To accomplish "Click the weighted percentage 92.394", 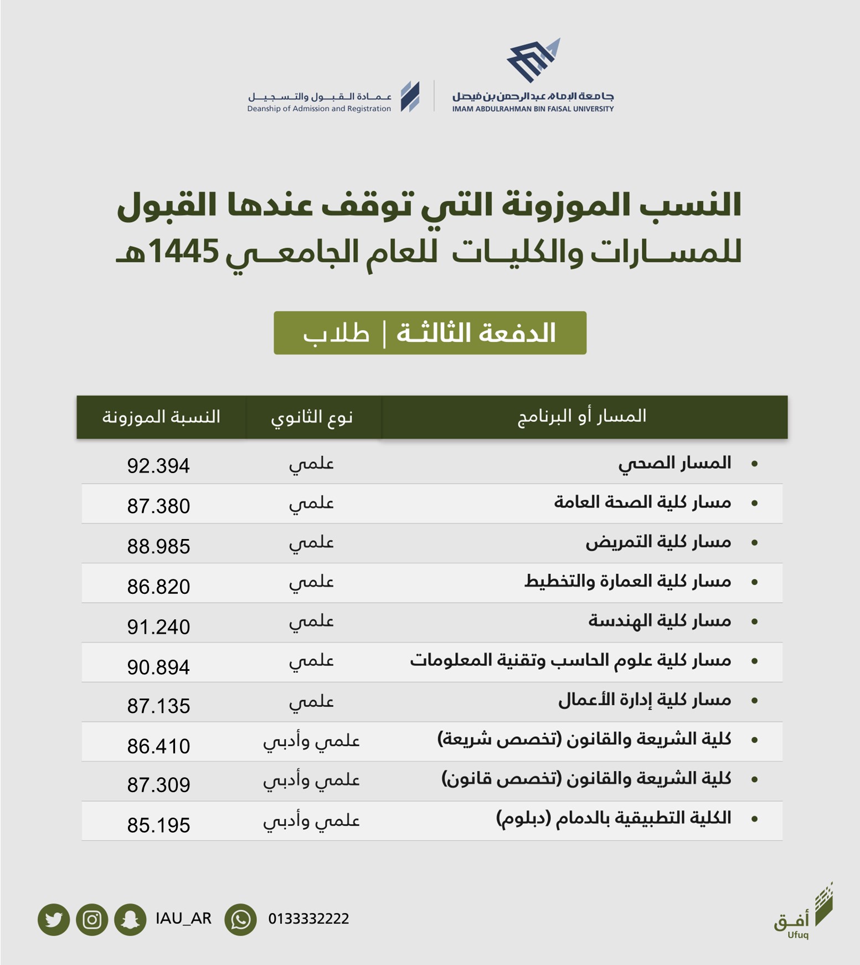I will click(x=158, y=466).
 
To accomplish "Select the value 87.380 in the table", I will click(x=158, y=506).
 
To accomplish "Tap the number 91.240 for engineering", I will click(x=158, y=627).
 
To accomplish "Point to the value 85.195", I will click(x=158, y=825).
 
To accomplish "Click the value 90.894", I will click(x=158, y=667).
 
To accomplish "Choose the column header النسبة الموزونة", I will click(x=161, y=417).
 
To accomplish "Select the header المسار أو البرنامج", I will click(x=582, y=417).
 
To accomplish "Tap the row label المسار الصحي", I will click(x=674, y=463).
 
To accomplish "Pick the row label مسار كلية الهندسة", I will click(x=660, y=621).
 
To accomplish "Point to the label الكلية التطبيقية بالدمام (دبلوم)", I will click(x=614, y=818).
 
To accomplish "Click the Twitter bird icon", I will click(x=54, y=920).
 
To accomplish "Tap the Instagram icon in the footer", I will click(x=92, y=920).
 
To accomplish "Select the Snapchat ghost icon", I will click(x=130, y=920).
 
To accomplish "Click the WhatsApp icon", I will click(x=240, y=920).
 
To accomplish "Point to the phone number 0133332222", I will click(x=308, y=919).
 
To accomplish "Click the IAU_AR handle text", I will click(x=183, y=919).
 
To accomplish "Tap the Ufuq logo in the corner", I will click(x=803, y=912).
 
